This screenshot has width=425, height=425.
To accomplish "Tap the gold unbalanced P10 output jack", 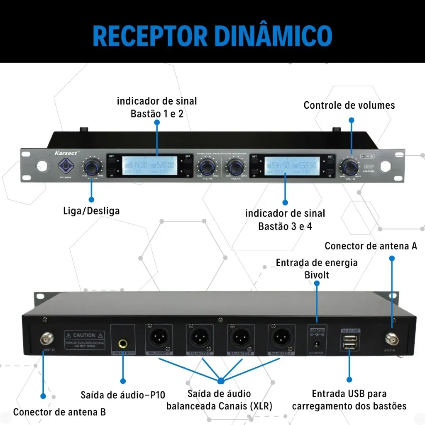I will point(123,343).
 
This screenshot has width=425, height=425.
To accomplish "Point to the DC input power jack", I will point(317,344).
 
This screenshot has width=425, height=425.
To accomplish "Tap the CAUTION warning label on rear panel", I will point(84,339).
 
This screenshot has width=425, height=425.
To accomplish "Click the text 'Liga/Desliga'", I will point(92,210).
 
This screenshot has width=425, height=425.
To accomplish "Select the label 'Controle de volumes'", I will point(349,105).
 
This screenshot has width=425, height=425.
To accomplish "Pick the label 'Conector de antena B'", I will point(59,412).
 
